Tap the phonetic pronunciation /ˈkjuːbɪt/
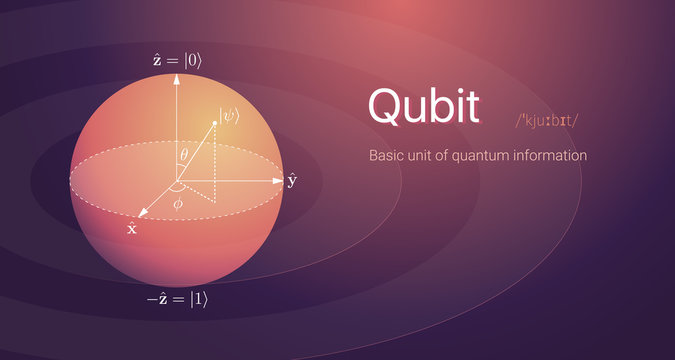pyautogui.click(x=547, y=121)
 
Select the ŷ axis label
pyautogui.click(x=292, y=181)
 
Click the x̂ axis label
pyautogui.click(x=132, y=228)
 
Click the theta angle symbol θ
pyautogui.click(x=183, y=154)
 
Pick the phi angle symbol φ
pyautogui.click(x=178, y=204)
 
